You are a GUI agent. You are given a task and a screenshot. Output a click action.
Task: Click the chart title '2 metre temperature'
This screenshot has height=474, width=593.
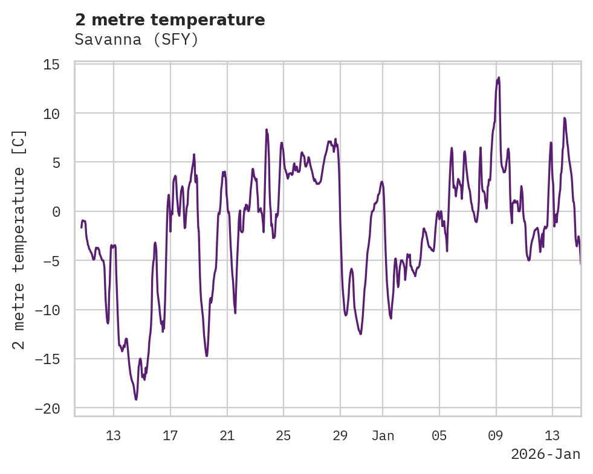tap(170, 20)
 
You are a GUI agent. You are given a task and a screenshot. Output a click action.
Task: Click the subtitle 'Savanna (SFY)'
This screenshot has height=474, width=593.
tap(137, 40)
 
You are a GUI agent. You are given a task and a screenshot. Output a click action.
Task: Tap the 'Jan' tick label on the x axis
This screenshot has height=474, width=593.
tap(383, 436)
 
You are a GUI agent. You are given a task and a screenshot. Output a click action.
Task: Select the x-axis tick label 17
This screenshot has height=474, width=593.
tap(170, 436)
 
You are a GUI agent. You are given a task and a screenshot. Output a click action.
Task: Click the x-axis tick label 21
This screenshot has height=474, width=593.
tap(227, 436)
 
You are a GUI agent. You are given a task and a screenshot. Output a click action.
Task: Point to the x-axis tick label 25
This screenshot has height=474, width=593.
tap(284, 436)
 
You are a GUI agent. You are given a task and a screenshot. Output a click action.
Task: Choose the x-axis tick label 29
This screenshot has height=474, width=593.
tap(340, 436)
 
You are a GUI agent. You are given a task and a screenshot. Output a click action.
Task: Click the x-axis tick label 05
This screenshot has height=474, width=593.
tap(439, 436)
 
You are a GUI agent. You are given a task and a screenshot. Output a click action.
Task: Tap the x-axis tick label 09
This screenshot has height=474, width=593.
tap(496, 436)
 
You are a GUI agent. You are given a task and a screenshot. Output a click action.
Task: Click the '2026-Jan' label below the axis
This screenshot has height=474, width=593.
tap(545, 455)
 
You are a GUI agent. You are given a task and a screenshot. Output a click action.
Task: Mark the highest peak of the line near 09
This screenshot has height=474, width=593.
tap(499, 77)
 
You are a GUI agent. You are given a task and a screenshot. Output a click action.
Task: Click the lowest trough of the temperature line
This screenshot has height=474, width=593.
tap(136, 399)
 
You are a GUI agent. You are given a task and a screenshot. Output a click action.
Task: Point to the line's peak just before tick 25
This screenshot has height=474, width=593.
tap(267, 129)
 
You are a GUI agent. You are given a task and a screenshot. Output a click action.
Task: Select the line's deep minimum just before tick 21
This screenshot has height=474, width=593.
tap(207, 356)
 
